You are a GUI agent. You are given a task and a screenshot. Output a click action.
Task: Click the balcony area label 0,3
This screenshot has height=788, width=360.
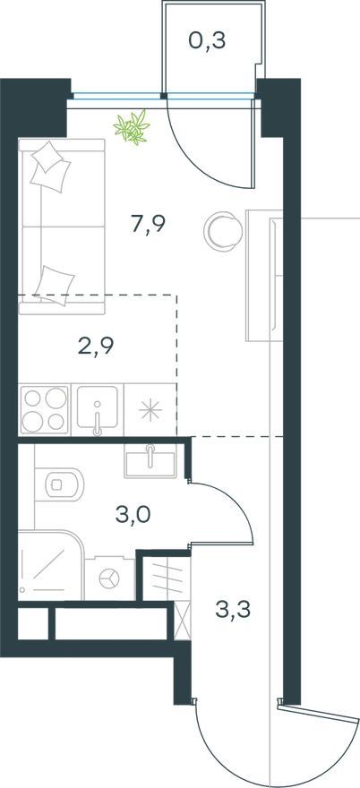pos(207,41)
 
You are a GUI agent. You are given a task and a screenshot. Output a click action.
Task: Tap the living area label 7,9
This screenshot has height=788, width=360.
pos(148,224)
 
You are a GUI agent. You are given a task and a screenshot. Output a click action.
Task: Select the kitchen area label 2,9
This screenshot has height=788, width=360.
pos(96,347)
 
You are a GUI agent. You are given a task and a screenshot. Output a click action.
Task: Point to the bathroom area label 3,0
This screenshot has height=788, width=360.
pos(133,515)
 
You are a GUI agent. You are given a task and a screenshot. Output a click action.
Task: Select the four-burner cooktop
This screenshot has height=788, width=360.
pos(45,409)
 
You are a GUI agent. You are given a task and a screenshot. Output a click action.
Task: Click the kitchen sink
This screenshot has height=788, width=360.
pos(98,409)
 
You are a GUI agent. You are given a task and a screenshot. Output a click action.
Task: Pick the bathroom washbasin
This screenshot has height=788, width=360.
pos(150,461)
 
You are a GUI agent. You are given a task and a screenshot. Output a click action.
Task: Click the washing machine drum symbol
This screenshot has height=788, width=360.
pos(109,578)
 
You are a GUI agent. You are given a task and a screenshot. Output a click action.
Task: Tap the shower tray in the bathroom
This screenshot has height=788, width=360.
pos(50,565)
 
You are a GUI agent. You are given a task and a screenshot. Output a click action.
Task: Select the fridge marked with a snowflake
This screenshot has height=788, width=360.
pos(150,410)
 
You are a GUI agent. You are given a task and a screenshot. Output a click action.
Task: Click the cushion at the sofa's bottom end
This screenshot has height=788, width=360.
pos(56,285)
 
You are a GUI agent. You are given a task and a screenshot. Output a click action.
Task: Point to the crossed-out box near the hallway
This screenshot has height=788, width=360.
pos(183,621)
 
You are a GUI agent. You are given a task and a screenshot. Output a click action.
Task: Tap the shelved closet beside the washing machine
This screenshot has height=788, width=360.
pos(166,578)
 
